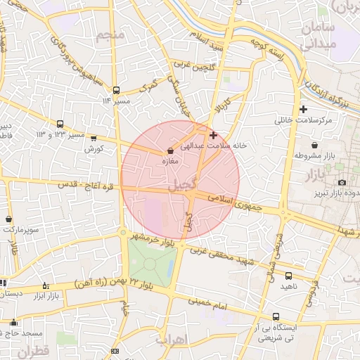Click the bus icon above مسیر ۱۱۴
tap(116, 90)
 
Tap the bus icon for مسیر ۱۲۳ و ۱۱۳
tap(60, 123)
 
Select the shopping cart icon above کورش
tap(93, 139)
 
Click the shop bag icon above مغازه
tap(171, 151)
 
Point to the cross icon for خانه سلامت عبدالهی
tap(214, 134)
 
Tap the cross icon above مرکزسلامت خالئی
tap(303, 109)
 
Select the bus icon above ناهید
tap(289, 275)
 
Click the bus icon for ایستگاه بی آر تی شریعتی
tap(276, 316)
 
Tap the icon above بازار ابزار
tap(46, 285)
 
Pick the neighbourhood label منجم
tap(111, 35)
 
